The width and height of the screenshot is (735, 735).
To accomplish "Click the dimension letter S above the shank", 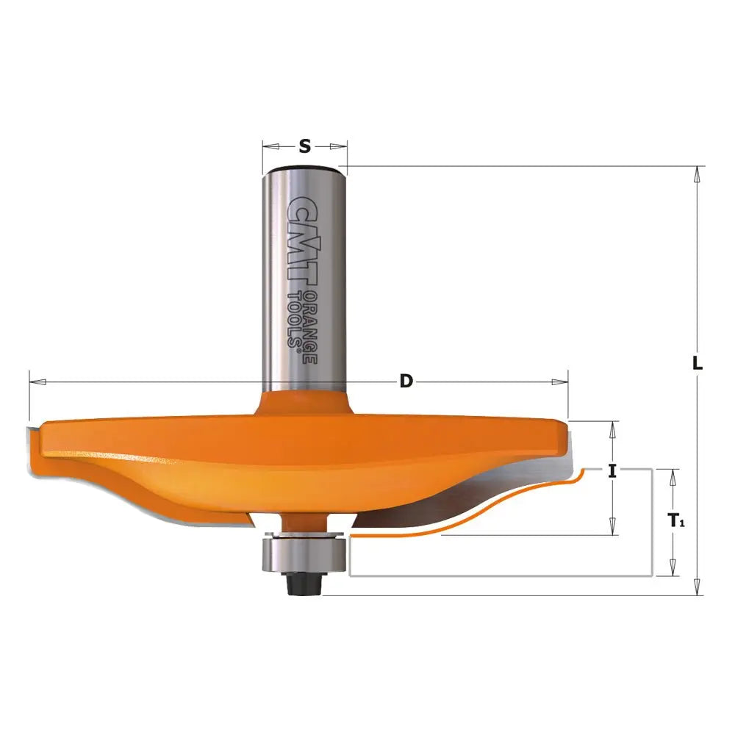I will tap(305, 146).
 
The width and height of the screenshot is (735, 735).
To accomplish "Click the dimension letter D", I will tap(405, 381).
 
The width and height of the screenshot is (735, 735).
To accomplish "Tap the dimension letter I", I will tap(612, 471).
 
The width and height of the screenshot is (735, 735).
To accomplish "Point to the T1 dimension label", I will tap(677, 521).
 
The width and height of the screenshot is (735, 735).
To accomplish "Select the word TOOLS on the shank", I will tap(294, 319).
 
